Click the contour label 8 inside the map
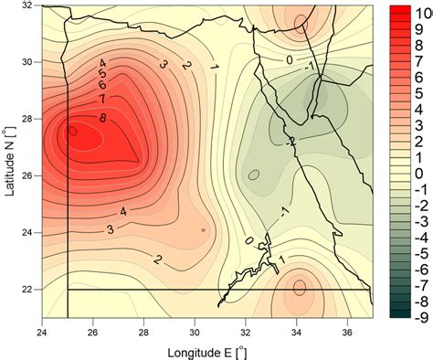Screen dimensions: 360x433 102,117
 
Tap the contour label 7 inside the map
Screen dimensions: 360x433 102,98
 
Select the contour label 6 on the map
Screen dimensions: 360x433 102,85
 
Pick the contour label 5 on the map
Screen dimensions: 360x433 102,74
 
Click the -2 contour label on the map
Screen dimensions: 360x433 290,141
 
